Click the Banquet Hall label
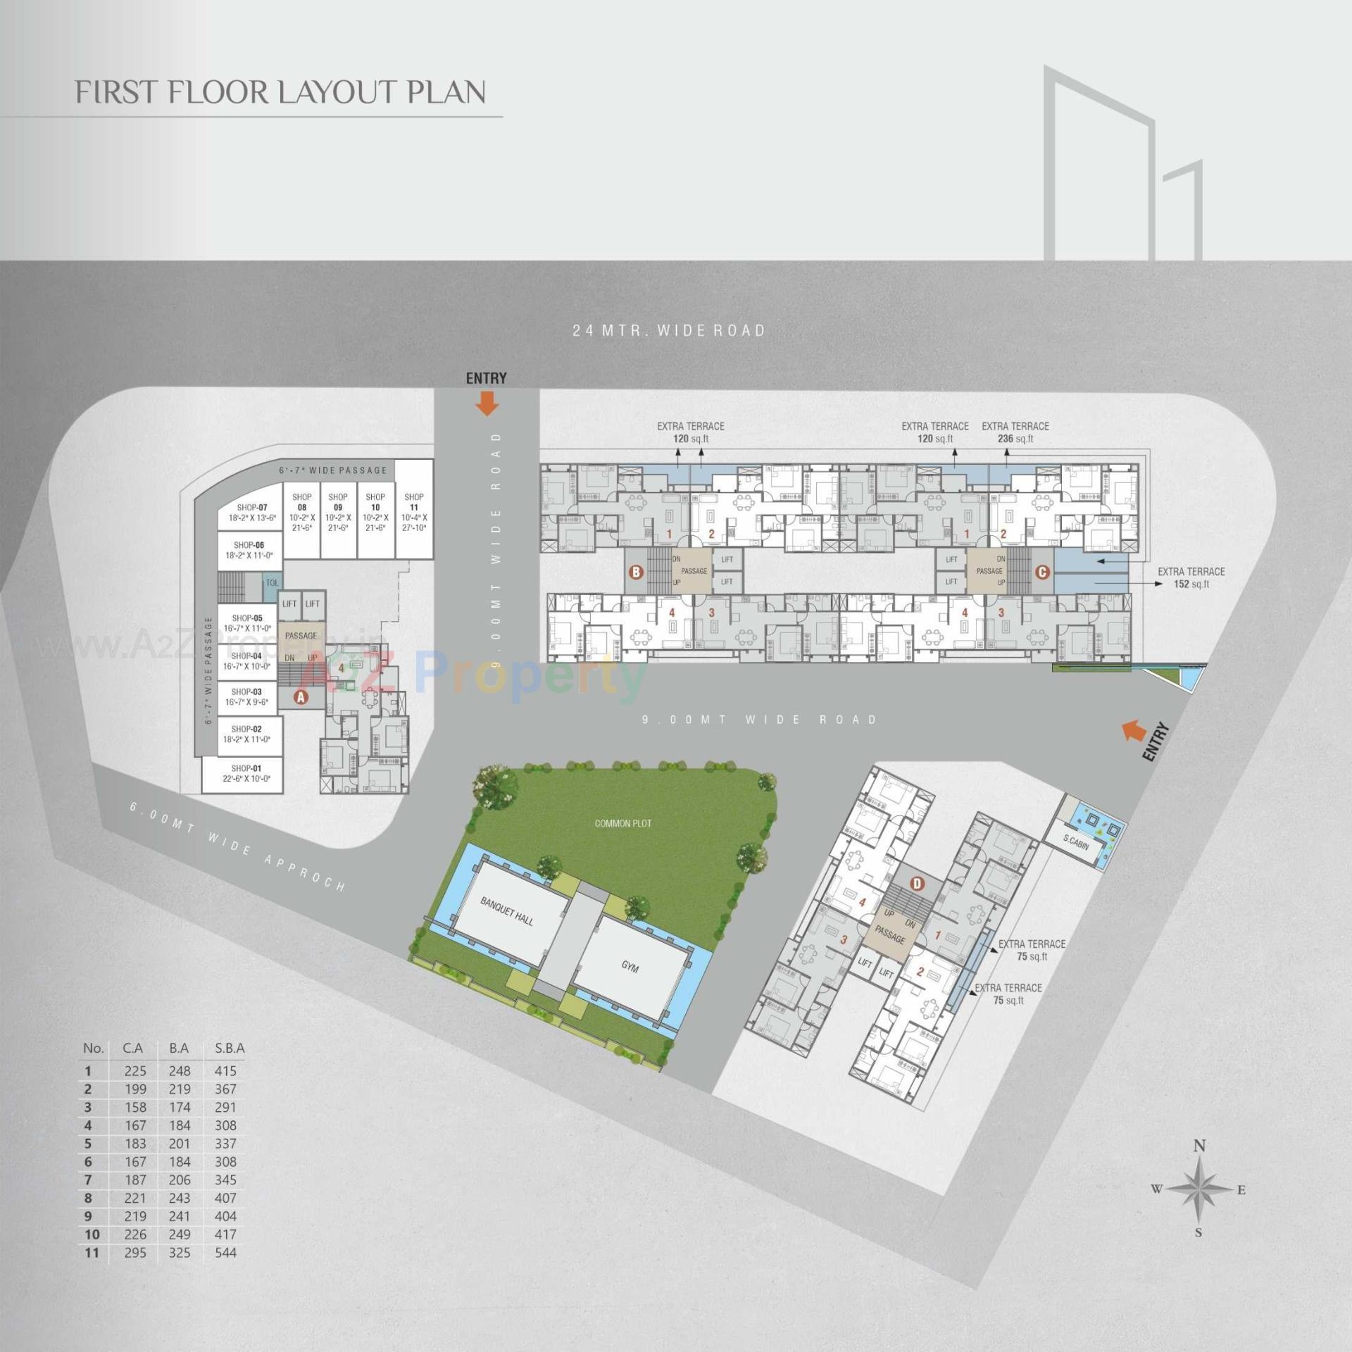(506, 911)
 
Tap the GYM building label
(630, 967)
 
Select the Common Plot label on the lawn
(622, 823)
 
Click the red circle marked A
(301, 697)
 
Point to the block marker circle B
(636, 572)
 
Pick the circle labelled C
(1042, 572)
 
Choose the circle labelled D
(916, 883)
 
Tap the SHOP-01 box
(246, 773)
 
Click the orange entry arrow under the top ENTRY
(487, 403)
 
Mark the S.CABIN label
(1075, 842)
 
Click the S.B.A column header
(230, 1048)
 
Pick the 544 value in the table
(225, 1252)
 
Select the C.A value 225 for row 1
(135, 1070)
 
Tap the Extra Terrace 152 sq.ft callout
(1191, 577)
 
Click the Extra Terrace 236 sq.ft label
(1015, 432)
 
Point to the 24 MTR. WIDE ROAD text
(668, 330)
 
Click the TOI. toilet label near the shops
(272, 582)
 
